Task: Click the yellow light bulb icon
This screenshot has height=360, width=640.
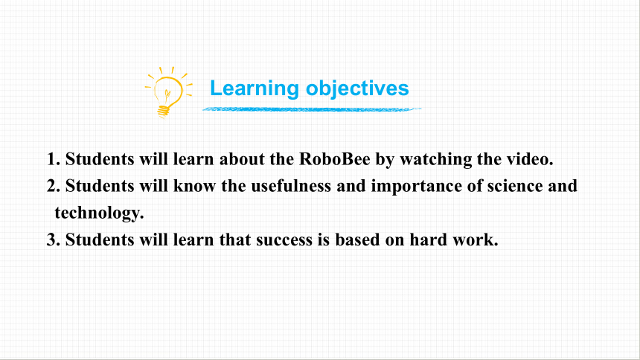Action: pyautogui.click(x=167, y=93)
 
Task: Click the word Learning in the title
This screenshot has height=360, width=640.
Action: pyautogui.click(x=255, y=89)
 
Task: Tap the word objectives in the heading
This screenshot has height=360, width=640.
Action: pyautogui.click(x=357, y=89)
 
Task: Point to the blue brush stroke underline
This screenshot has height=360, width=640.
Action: pyautogui.click(x=312, y=109)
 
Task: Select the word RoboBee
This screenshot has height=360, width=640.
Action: pyautogui.click(x=335, y=158)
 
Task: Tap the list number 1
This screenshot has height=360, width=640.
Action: pyautogui.click(x=54, y=159)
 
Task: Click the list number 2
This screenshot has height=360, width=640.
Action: pyautogui.click(x=54, y=186)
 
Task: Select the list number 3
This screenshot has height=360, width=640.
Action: pyautogui.click(x=54, y=240)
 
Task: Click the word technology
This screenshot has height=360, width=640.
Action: pyautogui.click(x=99, y=213)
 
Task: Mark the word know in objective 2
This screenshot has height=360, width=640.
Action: pyautogui.click(x=194, y=186)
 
